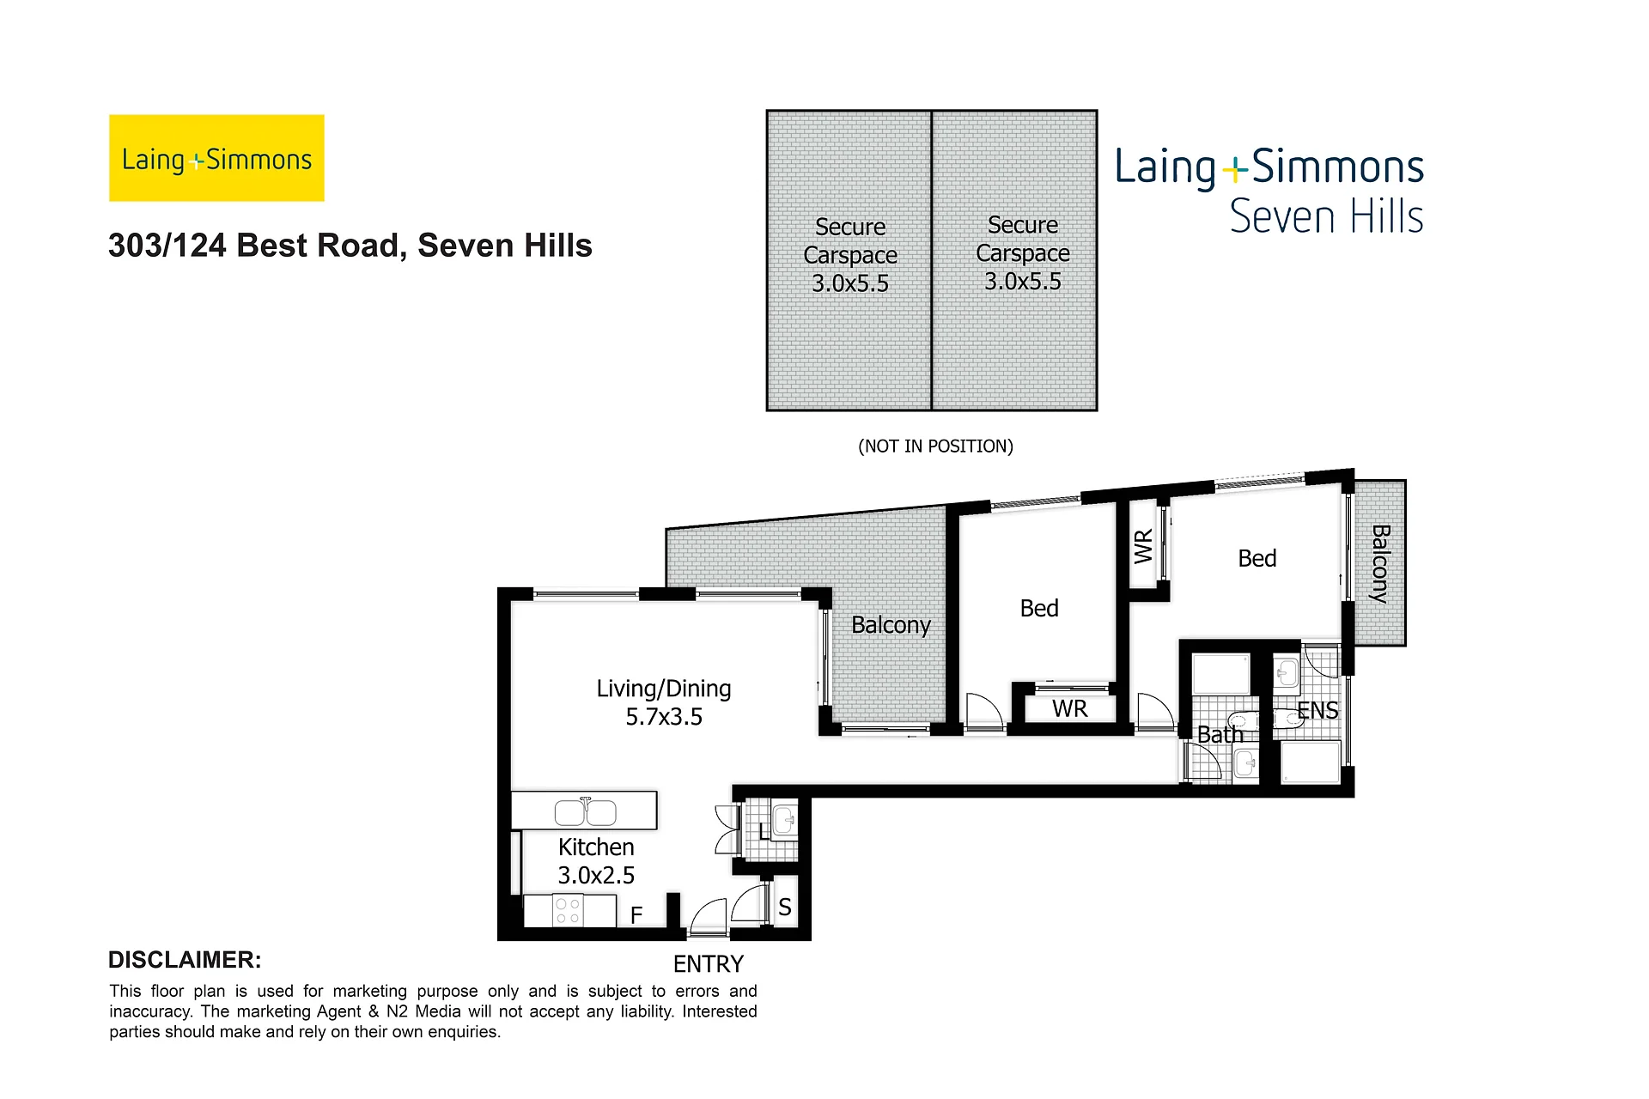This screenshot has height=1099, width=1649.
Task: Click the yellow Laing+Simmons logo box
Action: [x=216, y=158]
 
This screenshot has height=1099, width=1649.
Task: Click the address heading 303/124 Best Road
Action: [x=350, y=246]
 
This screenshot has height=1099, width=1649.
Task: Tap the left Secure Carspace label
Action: [x=850, y=255]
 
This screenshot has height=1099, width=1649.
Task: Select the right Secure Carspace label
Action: [x=1023, y=252]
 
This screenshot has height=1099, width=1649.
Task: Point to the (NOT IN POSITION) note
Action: [x=935, y=446]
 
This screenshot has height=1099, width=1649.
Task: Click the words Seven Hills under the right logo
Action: [x=1327, y=216]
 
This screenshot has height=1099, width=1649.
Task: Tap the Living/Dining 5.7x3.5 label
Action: [x=664, y=702]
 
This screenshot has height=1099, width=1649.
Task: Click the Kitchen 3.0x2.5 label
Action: [x=596, y=861]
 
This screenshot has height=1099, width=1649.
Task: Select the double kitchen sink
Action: [x=586, y=811]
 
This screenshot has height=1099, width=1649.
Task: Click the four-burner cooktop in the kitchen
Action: [x=568, y=911]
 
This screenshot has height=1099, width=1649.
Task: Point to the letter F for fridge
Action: [x=636, y=915]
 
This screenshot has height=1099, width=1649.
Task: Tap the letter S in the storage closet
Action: [x=785, y=908]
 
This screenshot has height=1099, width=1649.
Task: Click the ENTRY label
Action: [x=709, y=964]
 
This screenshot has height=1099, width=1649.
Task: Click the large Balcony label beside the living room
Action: [x=891, y=625]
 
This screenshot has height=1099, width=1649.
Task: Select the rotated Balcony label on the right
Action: [x=1379, y=564]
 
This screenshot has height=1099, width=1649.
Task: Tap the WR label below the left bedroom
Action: [x=1069, y=708]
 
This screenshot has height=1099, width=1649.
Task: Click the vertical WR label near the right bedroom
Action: [x=1143, y=547]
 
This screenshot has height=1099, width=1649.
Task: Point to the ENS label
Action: [x=1317, y=711]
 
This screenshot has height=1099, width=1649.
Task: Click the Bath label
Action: [x=1220, y=735]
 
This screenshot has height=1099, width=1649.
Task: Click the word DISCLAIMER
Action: [x=185, y=960]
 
